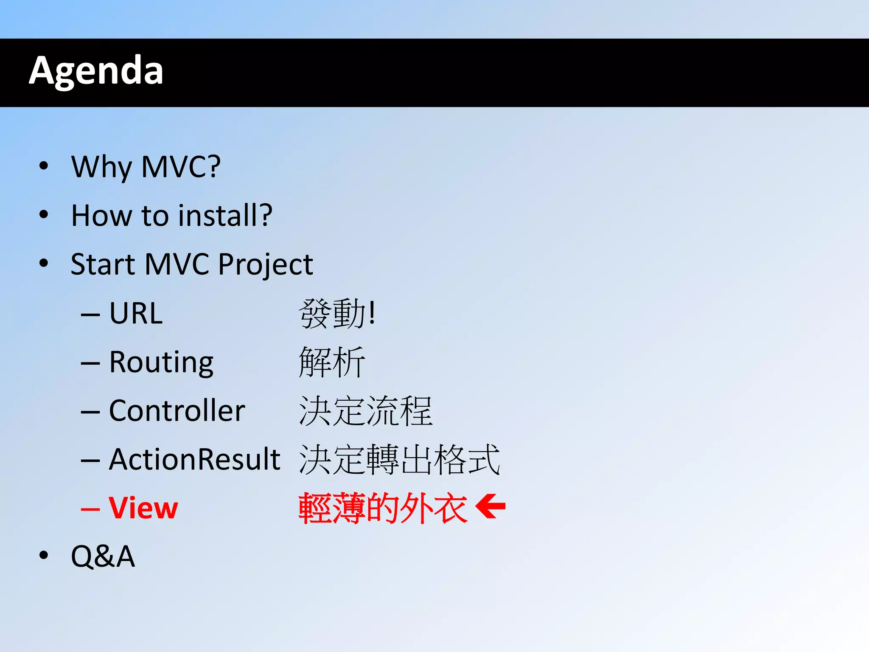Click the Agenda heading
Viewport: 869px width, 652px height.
click(x=96, y=71)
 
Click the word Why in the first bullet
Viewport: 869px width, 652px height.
click(x=101, y=167)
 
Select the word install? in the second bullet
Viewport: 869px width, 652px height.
click(x=225, y=215)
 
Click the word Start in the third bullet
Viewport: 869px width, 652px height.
click(x=102, y=264)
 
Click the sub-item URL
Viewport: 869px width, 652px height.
click(x=136, y=313)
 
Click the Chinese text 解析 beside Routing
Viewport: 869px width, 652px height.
click(x=332, y=363)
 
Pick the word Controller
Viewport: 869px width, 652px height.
click(x=177, y=411)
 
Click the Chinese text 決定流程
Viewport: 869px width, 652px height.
click(x=365, y=411)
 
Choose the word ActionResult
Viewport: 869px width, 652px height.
click(x=194, y=459)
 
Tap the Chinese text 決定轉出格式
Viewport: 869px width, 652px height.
click(x=399, y=460)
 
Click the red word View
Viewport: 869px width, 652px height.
click(x=143, y=508)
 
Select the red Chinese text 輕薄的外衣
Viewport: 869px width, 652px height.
click(x=383, y=508)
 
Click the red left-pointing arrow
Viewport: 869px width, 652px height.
click(x=491, y=506)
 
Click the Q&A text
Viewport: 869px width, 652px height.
click(x=103, y=556)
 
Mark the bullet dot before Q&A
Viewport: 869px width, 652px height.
click(x=43, y=555)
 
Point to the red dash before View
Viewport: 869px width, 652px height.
click(x=90, y=509)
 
